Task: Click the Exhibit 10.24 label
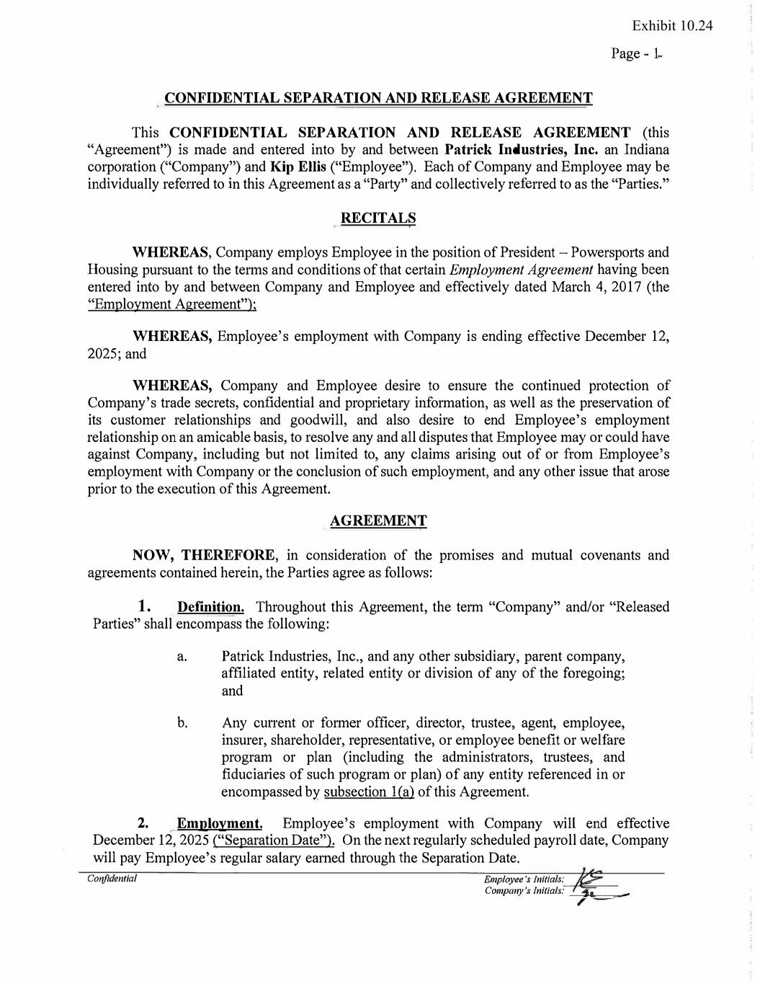(x=672, y=26)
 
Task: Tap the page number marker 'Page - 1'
(x=636, y=54)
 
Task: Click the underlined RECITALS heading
(x=377, y=218)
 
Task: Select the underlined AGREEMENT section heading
(x=377, y=520)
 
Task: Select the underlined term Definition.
(x=210, y=607)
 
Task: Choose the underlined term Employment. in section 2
(x=220, y=823)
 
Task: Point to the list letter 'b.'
(x=182, y=723)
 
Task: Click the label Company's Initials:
(x=524, y=891)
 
